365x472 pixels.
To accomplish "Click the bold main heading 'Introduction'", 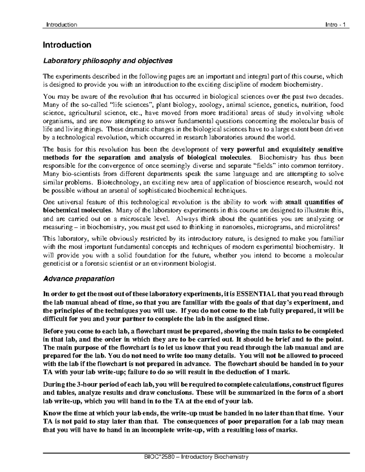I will click(67, 45).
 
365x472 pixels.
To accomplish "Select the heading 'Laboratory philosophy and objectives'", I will click(108, 61).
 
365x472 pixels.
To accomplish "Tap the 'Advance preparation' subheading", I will click(79, 279).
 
